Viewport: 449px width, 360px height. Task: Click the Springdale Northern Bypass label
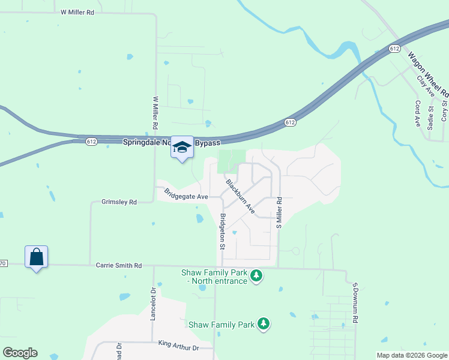tap(172, 143)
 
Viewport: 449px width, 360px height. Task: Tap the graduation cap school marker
tap(182, 148)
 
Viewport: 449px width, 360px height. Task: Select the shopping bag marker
tap(36, 257)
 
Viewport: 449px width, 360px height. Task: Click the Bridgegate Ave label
tap(186, 194)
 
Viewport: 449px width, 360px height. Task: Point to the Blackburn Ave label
tap(240, 196)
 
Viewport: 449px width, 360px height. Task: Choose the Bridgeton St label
tap(222, 232)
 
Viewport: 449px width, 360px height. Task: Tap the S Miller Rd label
tap(279, 213)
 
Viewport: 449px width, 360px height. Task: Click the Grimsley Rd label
tap(119, 203)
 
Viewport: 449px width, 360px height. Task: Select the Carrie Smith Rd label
tap(119, 265)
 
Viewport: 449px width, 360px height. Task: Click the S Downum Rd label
tap(355, 304)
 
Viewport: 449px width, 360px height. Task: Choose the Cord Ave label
tap(418, 113)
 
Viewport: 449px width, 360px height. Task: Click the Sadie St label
tap(430, 114)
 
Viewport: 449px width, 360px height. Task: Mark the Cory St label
tap(445, 111)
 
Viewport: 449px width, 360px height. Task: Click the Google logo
tap(20, 353)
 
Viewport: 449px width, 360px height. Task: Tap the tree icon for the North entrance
tap(257, 276)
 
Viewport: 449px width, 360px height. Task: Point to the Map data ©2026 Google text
tap(412, 355)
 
